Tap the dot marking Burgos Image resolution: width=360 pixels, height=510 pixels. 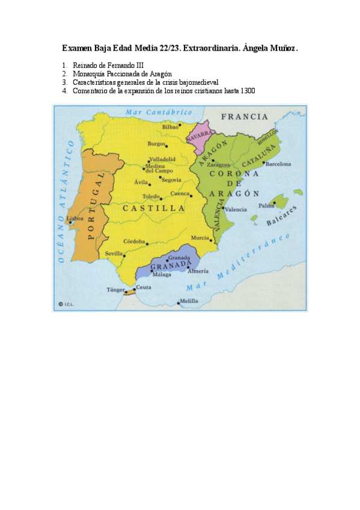click(x=166, y=146)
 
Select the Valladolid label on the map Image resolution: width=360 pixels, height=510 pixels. click(x=162, y=159)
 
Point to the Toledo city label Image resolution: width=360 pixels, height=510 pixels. click(x=151, y=197)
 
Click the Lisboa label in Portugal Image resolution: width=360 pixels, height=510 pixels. click(x=75, y=218)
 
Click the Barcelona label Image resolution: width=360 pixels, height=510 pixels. click(x=278, y=164)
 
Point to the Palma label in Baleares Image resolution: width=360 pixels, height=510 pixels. click(x=266, y=206)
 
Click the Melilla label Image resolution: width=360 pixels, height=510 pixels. click(x=189, y=301)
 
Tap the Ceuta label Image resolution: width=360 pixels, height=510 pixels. click(x=144, y=287)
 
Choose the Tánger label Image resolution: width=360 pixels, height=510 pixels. click(x=115, y=290)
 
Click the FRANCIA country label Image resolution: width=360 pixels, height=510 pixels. click(x=244, y=117)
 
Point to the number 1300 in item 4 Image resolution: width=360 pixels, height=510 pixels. click(x=248, y=91)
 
